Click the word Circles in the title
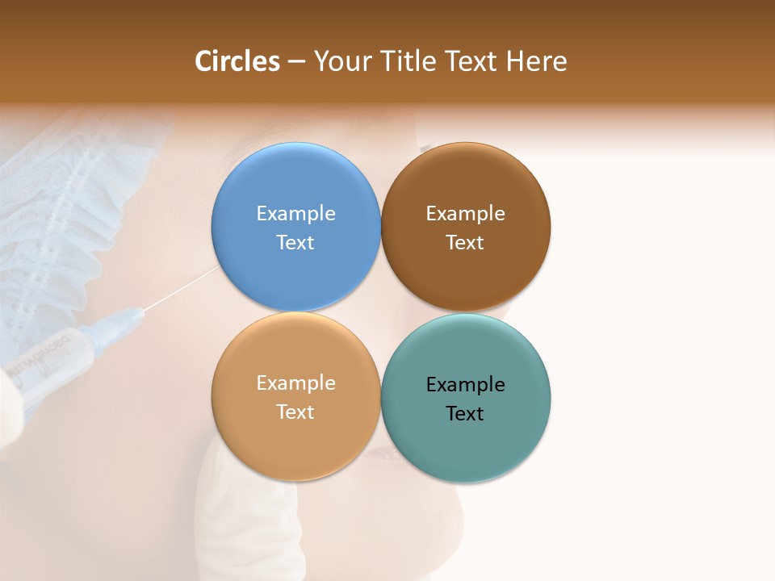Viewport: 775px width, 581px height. coord(237,61)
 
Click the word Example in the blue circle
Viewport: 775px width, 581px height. coord(295,214)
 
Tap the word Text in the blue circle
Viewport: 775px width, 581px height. coord(295,243)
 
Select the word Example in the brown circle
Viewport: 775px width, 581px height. coord(465,214)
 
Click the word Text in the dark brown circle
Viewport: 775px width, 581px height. coord(465,243)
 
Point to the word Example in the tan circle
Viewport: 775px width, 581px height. coord(295,383)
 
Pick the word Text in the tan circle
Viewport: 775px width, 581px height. coord(295,412)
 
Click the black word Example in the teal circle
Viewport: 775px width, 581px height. coord(465,385)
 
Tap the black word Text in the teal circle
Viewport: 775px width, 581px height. coord(465,414)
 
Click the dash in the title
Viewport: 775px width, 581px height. coord(296,62)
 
